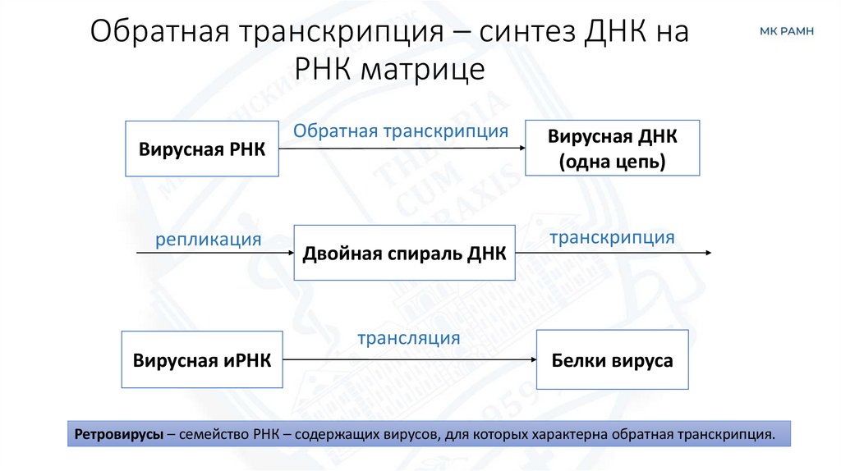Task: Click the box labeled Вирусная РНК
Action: coord(202,149)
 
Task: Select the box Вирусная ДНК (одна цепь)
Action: coord(612,149)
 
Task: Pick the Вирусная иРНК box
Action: coord(202,359)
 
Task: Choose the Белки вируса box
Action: coord(612,359)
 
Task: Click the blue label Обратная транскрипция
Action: coord(401,130)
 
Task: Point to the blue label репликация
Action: coord(209,240)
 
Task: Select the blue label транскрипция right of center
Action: coord(612,237)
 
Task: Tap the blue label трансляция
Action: coord(408,338)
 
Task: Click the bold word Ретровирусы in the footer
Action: coord(117,433)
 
